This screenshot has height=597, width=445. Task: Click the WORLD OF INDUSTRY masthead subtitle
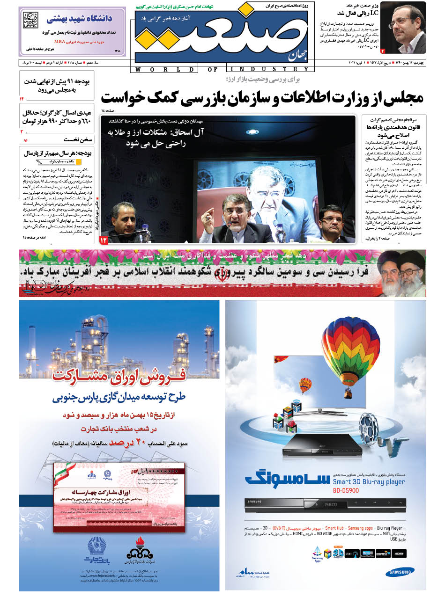(x=221, y=70)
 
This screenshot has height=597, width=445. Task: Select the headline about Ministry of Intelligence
(x=262, y=97)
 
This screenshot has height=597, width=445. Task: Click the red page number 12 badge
(x=104, y=240)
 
